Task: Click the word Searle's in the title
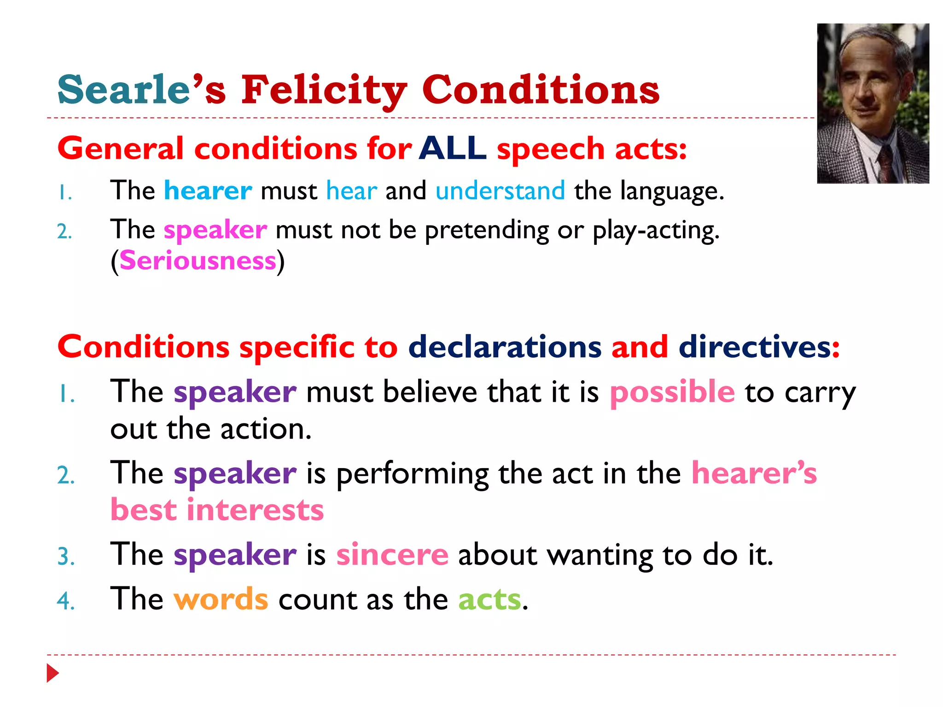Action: [x=141, y=90]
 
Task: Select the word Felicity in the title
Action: [x=324, y=90]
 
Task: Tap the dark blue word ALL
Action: [x=452, y=149]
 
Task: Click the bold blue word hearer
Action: [x=208, y=191]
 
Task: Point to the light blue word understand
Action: [x=500, y=191]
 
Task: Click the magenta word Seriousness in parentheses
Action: [x=198, y=261]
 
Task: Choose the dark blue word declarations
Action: [x=505, y=347]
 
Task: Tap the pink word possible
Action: [x=672, y=392]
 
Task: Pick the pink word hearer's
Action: [x=754, y=473]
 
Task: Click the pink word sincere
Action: [x=392, y=554]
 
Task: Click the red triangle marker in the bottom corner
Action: [x=52, y=673]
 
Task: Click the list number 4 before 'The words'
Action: [x=66, y=601]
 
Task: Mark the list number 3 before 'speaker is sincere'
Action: [x=66, y=556]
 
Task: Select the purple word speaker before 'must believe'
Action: [x=235, y=392]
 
